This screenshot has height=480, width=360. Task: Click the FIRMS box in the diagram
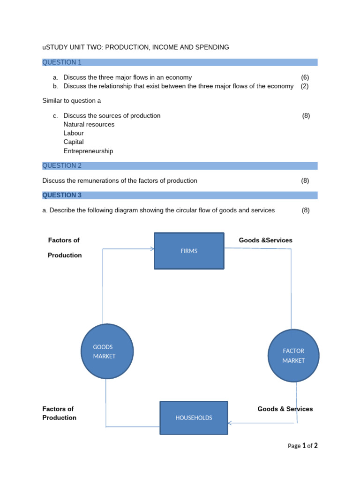pos(189,251)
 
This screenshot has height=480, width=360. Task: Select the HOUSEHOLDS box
pos(194,418)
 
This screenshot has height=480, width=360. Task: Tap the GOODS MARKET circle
pos(107,352)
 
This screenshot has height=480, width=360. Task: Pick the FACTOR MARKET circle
pos(293,355)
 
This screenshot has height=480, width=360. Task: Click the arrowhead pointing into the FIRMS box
pos(152,249)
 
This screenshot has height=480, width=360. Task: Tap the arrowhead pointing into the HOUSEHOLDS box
pos(230,423)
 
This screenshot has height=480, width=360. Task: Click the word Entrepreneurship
pos(88,151)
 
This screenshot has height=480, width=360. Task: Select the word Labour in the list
pos(74,133)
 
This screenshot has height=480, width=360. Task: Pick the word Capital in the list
pos(74,142)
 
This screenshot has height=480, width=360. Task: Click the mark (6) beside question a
pos(305,77)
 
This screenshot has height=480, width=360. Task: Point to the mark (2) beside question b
pos(305,86)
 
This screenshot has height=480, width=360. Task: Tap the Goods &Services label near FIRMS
pos(265,240)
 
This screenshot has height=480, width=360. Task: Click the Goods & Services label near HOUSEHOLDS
pos(285,409)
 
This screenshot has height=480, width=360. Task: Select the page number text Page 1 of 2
pos(302,446)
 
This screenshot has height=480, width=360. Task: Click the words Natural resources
pos(89,124)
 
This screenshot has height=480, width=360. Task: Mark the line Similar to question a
pos(71,101)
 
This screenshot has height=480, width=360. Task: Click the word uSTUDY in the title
pos(55,47)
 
